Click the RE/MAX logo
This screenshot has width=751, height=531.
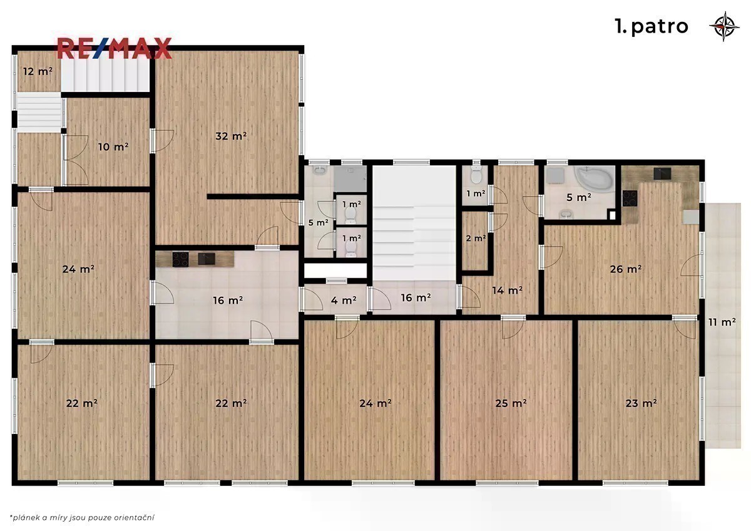115,48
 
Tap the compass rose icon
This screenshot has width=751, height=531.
724,26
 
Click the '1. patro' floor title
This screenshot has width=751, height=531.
651,26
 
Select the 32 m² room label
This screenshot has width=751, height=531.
231,136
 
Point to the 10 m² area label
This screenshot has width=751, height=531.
113,147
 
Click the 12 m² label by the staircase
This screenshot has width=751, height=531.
38,71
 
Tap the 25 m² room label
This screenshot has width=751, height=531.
511,403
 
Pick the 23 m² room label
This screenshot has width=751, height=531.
641,403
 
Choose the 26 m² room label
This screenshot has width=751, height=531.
626,269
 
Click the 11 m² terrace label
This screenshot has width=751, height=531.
722,322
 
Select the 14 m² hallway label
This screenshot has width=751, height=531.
508,290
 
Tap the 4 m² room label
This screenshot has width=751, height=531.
344,300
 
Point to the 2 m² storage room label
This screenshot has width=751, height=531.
476,238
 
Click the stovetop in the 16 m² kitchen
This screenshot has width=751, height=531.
180,260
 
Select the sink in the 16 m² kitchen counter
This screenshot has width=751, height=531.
206,259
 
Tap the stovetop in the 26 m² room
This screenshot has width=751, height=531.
630,198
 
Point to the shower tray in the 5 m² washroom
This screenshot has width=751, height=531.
350,179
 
